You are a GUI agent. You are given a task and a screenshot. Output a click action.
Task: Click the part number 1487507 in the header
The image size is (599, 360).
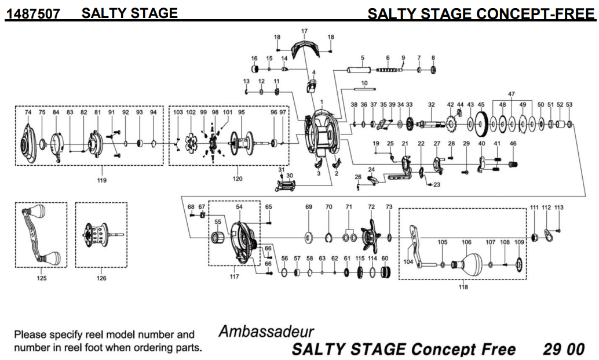(32, 13)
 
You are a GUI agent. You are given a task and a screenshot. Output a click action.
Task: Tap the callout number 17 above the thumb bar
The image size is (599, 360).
(304, 30)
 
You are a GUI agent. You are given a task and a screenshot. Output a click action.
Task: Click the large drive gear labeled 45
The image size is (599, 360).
(480, 122)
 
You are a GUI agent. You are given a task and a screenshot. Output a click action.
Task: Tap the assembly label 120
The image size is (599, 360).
(238, 179)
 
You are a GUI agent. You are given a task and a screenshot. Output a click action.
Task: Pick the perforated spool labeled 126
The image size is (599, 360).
(98, 235)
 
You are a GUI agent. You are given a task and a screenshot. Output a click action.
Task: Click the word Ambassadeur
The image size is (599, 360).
(266, 332)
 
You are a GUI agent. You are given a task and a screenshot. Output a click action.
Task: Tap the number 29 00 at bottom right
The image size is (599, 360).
(564, 350)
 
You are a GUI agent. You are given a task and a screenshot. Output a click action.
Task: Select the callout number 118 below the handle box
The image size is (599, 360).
(463, 287)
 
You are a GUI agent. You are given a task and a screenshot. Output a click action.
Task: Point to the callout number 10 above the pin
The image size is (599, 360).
(364, 83)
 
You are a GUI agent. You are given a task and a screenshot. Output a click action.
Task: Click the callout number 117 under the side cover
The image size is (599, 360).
(234, 277)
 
